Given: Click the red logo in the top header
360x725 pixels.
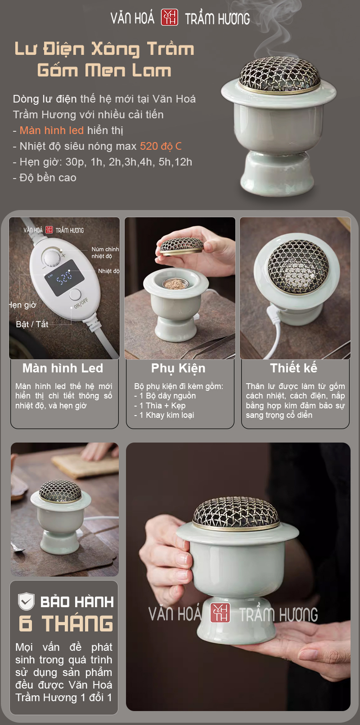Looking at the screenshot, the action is coord(169,17).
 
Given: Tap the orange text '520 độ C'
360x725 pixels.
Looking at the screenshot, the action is coord(161,146).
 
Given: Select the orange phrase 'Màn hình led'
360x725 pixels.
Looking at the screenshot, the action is coord(52,130).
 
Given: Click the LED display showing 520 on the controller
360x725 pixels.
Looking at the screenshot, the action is coord(64,277).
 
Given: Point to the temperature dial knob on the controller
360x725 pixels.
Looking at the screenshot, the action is coord(52,258).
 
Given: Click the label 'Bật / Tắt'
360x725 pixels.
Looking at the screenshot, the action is coord(32,324).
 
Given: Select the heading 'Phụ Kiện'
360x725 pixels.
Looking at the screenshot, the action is coord(178,369).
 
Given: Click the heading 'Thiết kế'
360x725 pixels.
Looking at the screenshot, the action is coord(294,368).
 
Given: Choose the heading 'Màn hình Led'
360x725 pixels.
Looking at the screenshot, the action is coord(63,368).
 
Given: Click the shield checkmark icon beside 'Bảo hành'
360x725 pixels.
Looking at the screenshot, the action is coord(26,601).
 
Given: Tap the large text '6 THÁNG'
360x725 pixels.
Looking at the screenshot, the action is coord(66,623).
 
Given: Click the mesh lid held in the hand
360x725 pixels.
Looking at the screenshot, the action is coord(180,246).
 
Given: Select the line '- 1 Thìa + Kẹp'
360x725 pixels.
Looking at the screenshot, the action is coord(160,406).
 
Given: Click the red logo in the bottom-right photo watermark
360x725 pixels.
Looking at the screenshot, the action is coord(220,613).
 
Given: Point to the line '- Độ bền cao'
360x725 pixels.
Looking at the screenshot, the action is coord(45,178).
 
